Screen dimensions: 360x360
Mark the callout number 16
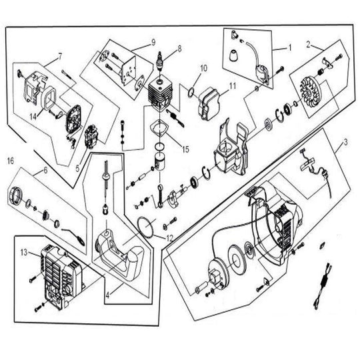click(11, 160)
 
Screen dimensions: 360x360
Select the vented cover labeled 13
click(59, 270)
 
